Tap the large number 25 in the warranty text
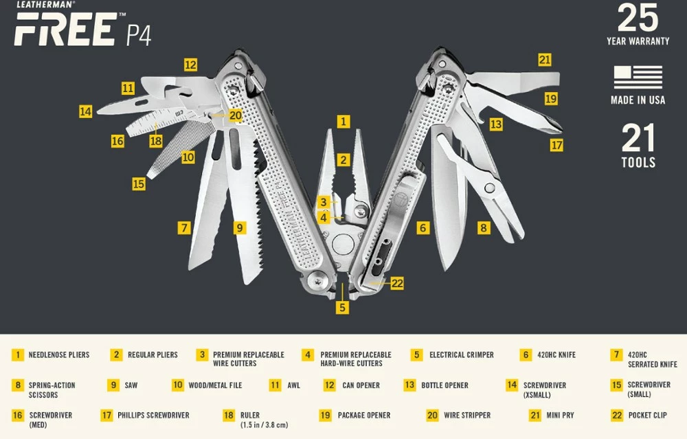(638, 19)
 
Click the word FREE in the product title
(65, 30)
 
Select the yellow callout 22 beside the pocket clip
(397, 282)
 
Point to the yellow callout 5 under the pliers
(342, 307)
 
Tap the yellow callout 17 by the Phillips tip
(556, 145)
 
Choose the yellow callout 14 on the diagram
(85, 111)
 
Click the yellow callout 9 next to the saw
(239, 227)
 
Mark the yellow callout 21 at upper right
(545, 60)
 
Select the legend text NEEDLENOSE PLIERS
(59, 355)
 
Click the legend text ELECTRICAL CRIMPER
(462, 355)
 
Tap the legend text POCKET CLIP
(648, 415)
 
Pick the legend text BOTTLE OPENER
(445, 385)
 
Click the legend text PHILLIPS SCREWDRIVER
(153, 415)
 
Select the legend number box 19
(326, 415)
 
